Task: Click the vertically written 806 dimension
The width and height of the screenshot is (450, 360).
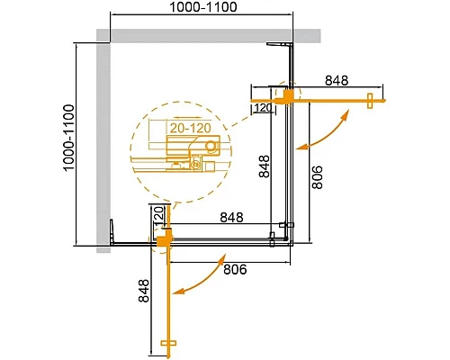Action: [316, 176]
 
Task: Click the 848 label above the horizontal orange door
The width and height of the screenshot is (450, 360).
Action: [336, 80]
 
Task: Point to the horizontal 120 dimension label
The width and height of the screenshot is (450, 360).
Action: [263, 109]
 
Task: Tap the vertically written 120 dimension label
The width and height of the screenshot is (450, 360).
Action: [157, 216]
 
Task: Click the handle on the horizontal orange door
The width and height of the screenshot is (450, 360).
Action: [370, 100]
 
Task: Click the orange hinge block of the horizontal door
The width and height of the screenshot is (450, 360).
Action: [288, 95]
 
